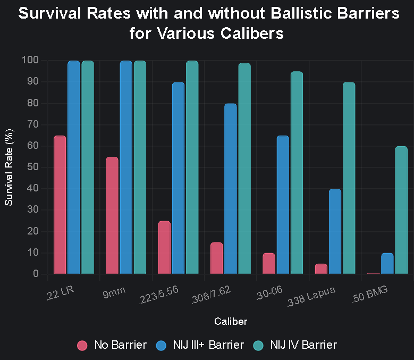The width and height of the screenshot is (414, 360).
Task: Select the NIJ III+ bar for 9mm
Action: [x=126, y=168]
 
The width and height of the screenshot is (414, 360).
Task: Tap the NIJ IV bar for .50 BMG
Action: [x=401, y=210]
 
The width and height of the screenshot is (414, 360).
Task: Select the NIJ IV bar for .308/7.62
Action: [x=244, y=169]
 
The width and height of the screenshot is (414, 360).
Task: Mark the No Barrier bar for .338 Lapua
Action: [x=321, y=269]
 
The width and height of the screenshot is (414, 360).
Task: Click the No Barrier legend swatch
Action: [x=82, y=345]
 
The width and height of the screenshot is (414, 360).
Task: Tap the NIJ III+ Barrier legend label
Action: [x=208, y=345]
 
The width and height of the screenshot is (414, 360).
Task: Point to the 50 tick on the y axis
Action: [x=33, y=167]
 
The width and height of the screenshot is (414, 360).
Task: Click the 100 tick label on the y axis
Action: [x=31, y=60]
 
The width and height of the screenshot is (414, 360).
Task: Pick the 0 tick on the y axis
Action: [x=36, y=274]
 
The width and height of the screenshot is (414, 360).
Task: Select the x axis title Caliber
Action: [x=230, y=321]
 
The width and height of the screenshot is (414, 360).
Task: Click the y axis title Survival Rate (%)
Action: [x=9, y=167]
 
